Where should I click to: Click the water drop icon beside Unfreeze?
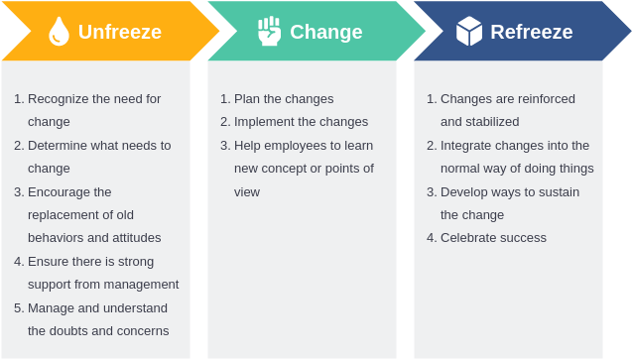(x=59, y=32)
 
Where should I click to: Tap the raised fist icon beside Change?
(x=269, y=31)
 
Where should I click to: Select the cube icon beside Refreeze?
(x=469, y=31)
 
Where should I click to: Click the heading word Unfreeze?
(x=119, y=32)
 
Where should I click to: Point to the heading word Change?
(x=325, y=32)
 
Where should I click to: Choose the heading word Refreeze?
(x=531, y=32)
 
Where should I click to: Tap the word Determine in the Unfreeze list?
(x=59, y=146)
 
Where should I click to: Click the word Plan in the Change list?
(x=247, y=99)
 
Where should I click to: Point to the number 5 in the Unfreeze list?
(x=17, y=308)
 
